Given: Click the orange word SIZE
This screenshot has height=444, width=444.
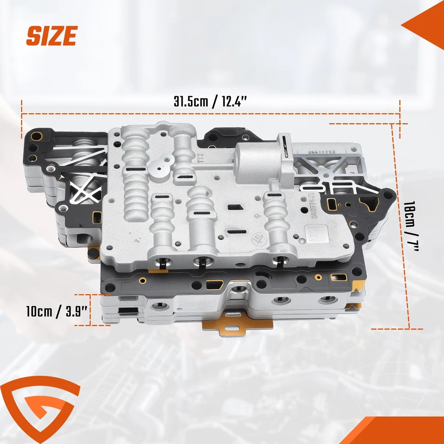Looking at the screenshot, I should pyautogui.click(x=51, y=36).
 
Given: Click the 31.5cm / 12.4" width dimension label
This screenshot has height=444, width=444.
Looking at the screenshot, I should pyautogui.click(x=210, y=102).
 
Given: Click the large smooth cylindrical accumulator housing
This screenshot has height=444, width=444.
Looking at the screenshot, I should pyautogui.click(x=257, y=160).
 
